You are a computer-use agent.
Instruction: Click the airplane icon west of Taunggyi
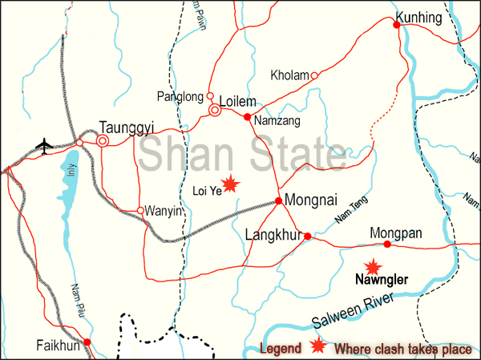tap(45, 145)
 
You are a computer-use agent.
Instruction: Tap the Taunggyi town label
tap(126, 126)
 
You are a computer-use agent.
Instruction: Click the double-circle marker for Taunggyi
tap(103, 141)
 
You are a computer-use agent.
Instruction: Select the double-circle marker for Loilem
tap(215, 110)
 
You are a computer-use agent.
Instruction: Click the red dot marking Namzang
tap(248, 117)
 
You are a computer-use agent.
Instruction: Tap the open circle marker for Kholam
tap(314, 75)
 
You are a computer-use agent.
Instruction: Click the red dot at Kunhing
tap(397, 26)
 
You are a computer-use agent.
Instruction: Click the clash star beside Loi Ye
tap(231, 184)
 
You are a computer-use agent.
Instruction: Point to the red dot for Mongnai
tap(278, 200)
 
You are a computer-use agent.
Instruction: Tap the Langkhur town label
tap(273, 236)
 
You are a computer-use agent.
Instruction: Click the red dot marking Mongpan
tap(386, 245)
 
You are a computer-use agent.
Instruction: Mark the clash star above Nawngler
tap(372, 267)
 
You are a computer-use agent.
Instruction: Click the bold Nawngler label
tap(382, 281)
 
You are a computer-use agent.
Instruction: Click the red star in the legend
tap(318, 346)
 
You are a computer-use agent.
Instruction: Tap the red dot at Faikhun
tap(87, 342)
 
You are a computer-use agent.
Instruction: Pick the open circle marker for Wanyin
tap(140, 211)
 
